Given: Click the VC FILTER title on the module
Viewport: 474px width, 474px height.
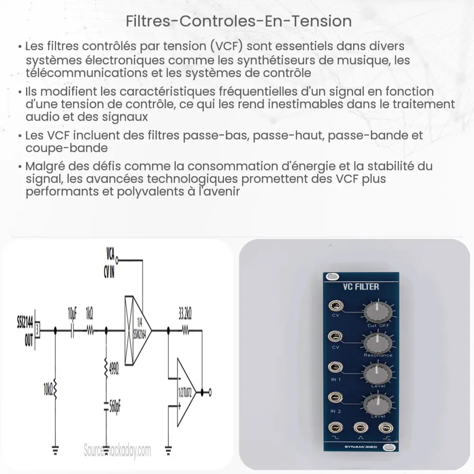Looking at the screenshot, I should pyautogui.click(x=361, y=286).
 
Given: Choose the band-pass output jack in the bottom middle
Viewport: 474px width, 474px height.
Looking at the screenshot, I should pyautogui.click(x=361, y=428).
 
